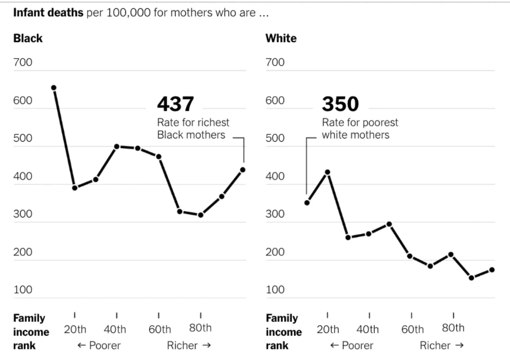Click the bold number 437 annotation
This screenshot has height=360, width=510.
click(x=176, y=104)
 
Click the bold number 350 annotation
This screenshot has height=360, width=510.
click(x=340, y=104)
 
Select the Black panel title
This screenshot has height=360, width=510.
click(x=28, y=38)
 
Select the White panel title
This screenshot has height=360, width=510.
click(x=281, y=38)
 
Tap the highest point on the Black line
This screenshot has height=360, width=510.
click(x=54, y=88)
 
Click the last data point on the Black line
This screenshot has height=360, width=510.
click(x=243, y=169)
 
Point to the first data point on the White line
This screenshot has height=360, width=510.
click(x=307, y=203)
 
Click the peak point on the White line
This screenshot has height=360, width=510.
click(x=328, y=172)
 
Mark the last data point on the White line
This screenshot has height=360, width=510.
click(x=492, y=270)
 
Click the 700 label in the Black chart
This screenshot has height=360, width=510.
click(x=23, y=62)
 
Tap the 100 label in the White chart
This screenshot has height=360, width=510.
click(x=275, y=289)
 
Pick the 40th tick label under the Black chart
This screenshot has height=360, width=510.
click(x=115, y=329)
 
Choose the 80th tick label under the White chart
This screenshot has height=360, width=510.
click(x=453, y=328)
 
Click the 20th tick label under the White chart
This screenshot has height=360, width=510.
click(x=328, y=329)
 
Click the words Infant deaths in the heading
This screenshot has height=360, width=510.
click(x=49, y=12)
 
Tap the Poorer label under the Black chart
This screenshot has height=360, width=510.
click(x=99, y=345)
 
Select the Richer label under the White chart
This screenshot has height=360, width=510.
click(x=442, y=345)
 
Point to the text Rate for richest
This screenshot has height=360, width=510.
click(x=193, y=122)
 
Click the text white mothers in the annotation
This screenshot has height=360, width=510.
click(x=356, y=135)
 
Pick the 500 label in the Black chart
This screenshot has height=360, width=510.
click(x=23, y=138)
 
